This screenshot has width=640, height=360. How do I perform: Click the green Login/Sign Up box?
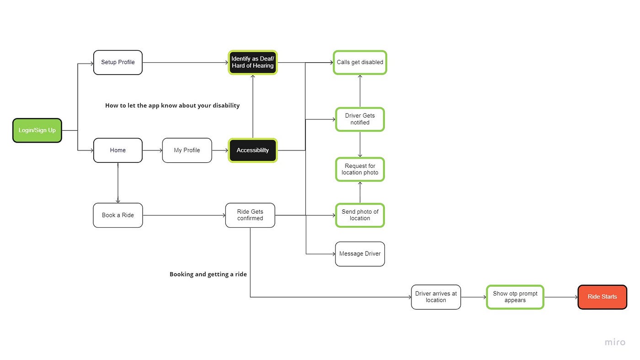[37, 130]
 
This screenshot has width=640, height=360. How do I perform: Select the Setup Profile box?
[118, 62]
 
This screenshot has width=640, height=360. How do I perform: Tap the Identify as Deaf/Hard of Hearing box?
[252, 62]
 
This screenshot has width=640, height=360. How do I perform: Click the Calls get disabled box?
[360, 62]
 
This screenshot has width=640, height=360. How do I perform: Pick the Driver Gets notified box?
[360, 119]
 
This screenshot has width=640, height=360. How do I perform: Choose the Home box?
[118, 150]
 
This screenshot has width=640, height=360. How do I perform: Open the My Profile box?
[187, 150]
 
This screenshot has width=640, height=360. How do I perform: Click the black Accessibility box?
[252, 150]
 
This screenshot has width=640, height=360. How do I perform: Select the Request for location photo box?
[360, 169]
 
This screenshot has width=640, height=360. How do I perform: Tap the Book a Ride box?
[118, 215]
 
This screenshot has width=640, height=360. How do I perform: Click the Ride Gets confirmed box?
[250, 215]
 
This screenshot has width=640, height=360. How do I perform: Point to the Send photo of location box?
[360, 215]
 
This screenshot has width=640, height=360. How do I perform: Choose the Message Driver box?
[360, 254]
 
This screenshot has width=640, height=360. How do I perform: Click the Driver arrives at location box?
[436, 297]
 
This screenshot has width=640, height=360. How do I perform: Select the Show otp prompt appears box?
[515, 297]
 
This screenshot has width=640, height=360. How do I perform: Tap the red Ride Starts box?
[602, 297]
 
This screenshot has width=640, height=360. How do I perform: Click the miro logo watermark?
[615, 342]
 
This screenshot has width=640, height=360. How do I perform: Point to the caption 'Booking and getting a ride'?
[208, 274]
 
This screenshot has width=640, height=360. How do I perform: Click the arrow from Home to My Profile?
[152, 150]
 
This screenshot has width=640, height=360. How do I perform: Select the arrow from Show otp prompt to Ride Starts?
[561, 297]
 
